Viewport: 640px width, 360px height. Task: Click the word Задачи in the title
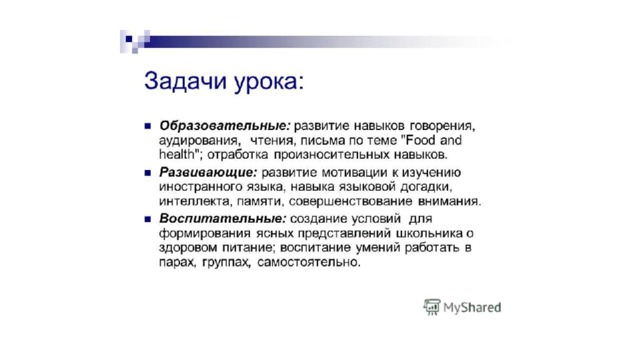tap(185, 81)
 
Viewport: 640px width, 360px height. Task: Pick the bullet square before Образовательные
tap(148, 126)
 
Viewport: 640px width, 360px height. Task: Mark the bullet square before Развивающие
tap(148, 173)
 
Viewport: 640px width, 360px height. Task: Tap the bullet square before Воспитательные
tap(148, 219)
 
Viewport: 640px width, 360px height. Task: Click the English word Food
tap(420, 140)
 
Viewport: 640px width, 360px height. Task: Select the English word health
tap(176, 154)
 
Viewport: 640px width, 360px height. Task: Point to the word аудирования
tap(199, 141)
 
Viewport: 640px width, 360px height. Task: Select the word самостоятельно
tap(309, 262)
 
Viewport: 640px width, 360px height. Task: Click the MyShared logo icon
tap(431, 307)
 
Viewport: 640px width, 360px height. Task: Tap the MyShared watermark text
tap(472, 308)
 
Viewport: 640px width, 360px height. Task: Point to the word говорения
tap(442, 126)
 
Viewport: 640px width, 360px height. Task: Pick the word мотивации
tap(355, 173)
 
